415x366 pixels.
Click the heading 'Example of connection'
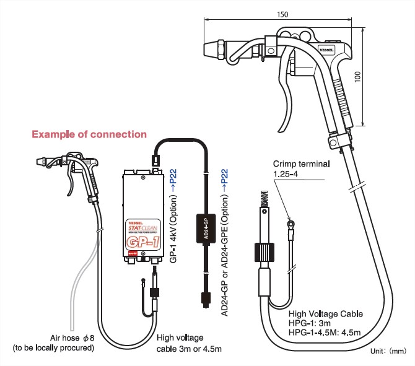tap(89, 134)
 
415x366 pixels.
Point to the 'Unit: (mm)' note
tap(388, 351)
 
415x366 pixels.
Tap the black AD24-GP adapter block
tap(204, 230)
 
